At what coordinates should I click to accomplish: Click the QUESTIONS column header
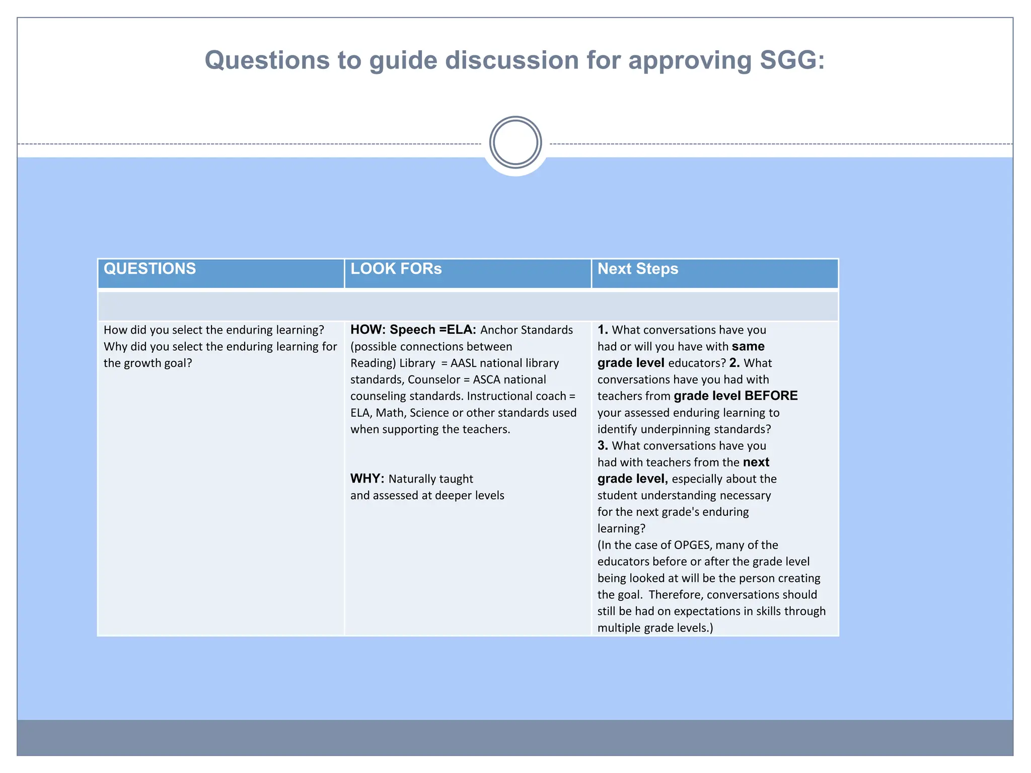pyautogui.click(x=150, y=269)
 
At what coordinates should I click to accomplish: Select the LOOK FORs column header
pyautogui.click(x=396, y=269)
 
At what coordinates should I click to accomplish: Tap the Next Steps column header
pyautogui.click(x=637, y=269)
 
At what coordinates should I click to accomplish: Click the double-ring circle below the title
pyautogui.click(x=515, y=142)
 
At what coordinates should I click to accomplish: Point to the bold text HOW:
pyautogui.click(x=367, y=330)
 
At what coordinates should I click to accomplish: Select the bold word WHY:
pyautogui.click(x=367, y=479)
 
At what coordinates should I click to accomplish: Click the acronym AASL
pyautogui.click(x=463, y=363)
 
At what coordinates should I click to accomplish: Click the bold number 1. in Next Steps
pyautogui.click(x=603, y=330)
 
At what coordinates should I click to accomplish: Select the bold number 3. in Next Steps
pyautogui.click(x=603, y=445)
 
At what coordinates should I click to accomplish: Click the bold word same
pyautogui.click(x=748, y=346)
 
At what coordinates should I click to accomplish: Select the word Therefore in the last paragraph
pyautogui.click(x=675, y=594)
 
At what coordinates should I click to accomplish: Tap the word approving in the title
pyautogui.click(x=689, y=60)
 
